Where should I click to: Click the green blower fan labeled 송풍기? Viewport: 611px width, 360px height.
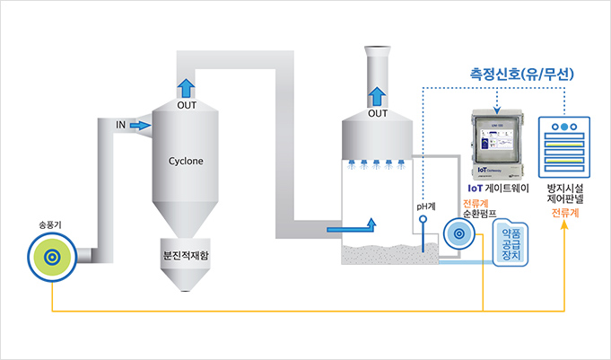tap(52, 257)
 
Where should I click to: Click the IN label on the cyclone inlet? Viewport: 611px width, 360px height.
tap(120, 125)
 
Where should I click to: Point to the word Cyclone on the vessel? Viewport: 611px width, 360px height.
tap(186, 162)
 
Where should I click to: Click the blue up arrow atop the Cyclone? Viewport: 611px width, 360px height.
tap(186, 88)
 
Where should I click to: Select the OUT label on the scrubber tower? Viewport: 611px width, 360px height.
tap(379, 114)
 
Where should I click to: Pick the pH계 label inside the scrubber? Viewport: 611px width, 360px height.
tap(425, 206)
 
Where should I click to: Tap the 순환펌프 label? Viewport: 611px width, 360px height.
tap(480, 215)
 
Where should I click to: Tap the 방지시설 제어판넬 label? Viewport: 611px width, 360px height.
tap(565, 196)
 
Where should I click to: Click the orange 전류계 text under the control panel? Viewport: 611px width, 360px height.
tap(565, 214)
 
